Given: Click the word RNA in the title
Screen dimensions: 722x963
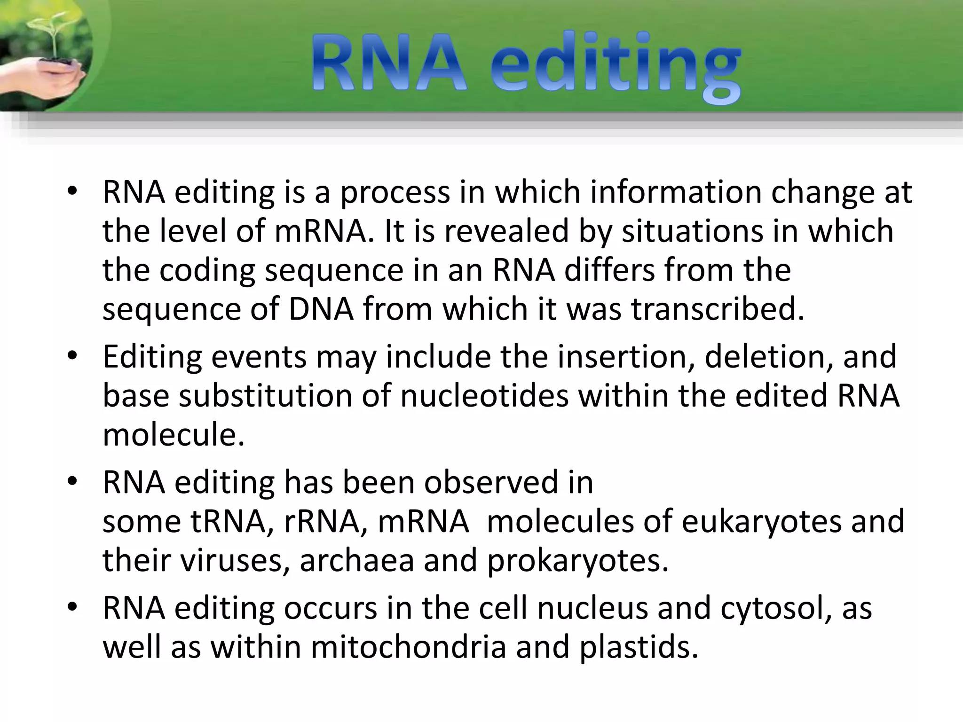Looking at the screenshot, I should point(389,63).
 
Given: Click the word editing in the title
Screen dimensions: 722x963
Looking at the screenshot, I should point(615,66).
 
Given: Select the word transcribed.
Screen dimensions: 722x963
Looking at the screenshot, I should point(718,309).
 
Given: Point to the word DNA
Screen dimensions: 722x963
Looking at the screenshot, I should point(321,309).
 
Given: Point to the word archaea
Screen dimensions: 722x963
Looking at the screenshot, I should point(357,560).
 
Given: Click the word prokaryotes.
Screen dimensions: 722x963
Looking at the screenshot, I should point(577,561).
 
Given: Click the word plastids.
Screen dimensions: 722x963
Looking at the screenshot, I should point(638,647).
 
